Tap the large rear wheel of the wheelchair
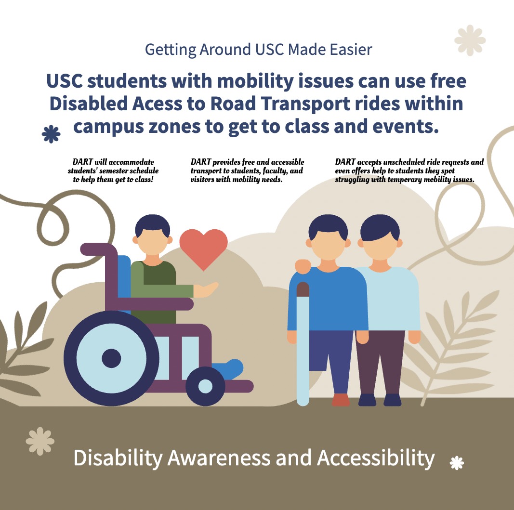(111, 358)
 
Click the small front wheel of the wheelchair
(205, 386)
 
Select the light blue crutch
(303, 344)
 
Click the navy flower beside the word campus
(51, 134)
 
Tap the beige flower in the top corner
(470, 40)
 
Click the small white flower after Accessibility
(457, 463)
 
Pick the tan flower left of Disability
(40, 441)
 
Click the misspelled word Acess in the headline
(157, 104)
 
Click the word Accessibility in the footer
(376, 458)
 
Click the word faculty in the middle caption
(276, 171)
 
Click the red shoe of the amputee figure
(341, 400)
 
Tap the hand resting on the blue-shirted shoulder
(303, 266)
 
